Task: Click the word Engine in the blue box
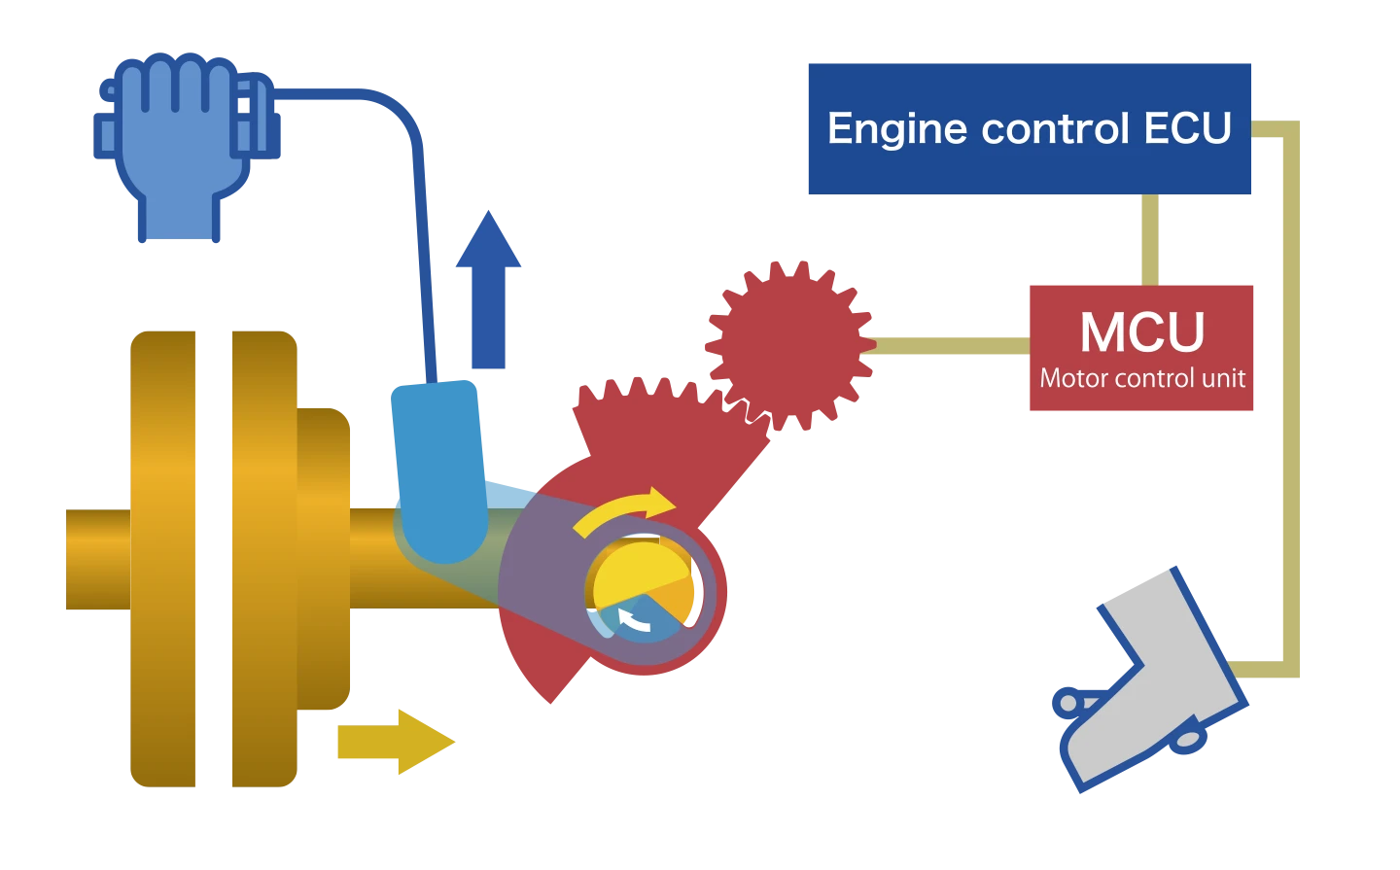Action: pyautogui.click(x=894, y=129)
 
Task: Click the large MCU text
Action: pyautogui.click(x=1142, y=332)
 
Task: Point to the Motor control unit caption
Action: pyautogui.click(x=1142, y=378)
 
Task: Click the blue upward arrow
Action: pyautogui.click(x=488, y=292)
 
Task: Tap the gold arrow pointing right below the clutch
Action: pyautogui.click(x=394, y=742)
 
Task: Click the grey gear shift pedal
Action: pyautogui.click(x=1152, y=671)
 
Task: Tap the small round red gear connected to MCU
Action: pyautogui.click(x=789, y=344)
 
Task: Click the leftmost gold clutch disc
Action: pyautogui.click(x=163, y=559)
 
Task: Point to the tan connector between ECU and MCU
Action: pyautogui.click(x=1148, y=237)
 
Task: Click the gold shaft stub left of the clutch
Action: pyautogui.click(x=94, y=559)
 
